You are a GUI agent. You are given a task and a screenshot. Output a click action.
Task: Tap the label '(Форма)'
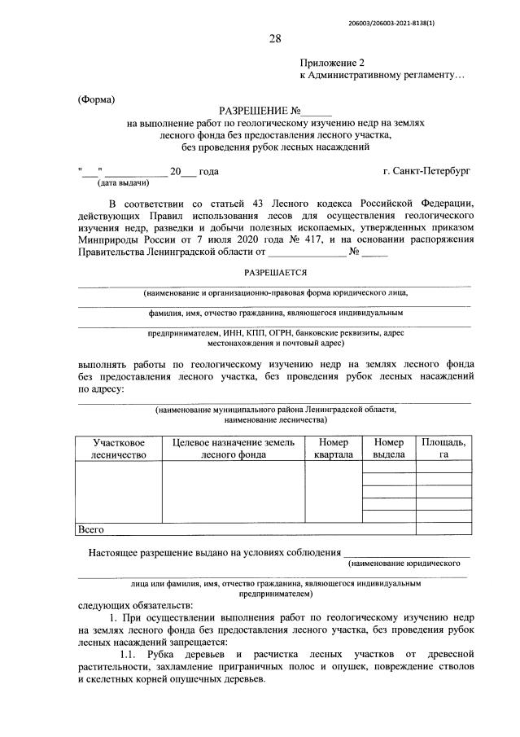pos(97,99)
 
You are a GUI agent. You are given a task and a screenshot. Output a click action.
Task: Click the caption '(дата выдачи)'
pos(112,184)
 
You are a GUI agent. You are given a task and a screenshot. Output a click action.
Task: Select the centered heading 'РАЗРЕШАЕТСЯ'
pos(274,274)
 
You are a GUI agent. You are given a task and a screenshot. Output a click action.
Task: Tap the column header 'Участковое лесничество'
pos(118,448)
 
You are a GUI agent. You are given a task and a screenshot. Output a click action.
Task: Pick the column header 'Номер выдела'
pos(388,448)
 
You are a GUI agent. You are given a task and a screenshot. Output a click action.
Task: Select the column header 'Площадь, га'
pos(444,448)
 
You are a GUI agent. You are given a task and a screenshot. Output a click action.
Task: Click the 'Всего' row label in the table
pos(91,529)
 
